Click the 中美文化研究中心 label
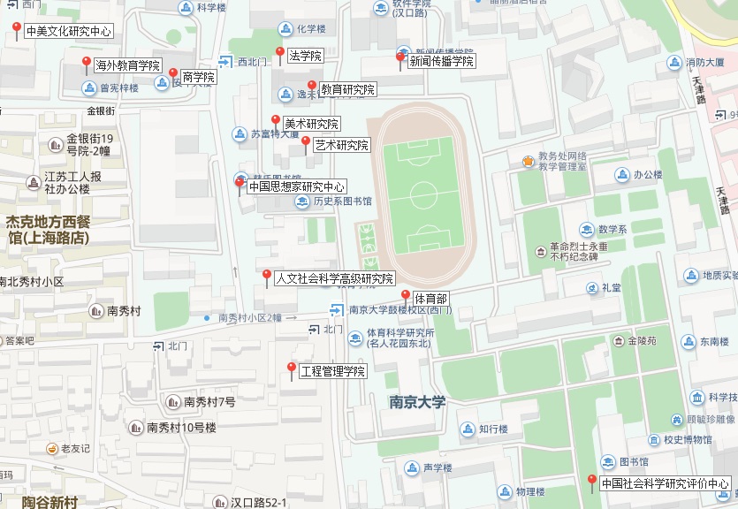[x=68, y=31]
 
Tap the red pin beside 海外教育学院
[x=87, y=63]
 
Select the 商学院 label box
[x=198, y=77]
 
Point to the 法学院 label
[x=305, y=56]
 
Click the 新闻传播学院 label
[x=441, y=62]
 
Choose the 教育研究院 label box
[x=347, y=90]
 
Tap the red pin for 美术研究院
[x=276, y=120]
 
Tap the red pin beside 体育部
[x=406, y=295]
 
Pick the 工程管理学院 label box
[x=331, y=371]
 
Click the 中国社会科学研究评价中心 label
[x=665, y=483]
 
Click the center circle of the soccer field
[x=423, y=193]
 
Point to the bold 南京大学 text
[x=417, y=402]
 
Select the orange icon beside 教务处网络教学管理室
[x=528, y=161]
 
